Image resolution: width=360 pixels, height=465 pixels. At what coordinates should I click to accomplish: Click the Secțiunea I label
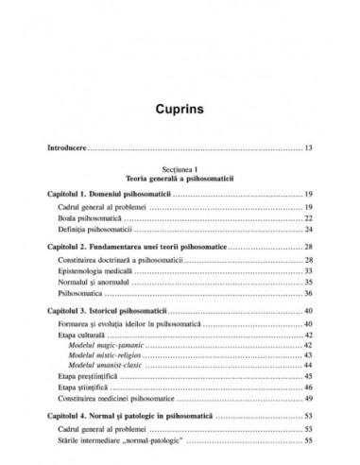coord(179,167)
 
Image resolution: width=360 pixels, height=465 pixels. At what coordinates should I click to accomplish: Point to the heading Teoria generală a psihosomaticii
coord(179,178)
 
